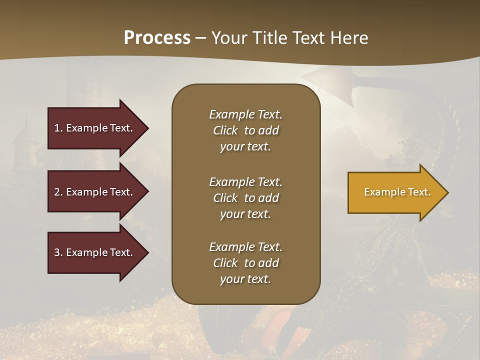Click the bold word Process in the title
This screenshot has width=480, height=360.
click(157, 38)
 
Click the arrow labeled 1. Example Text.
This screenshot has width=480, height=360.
click(95, 128)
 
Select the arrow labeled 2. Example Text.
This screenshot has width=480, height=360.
click(95, 192)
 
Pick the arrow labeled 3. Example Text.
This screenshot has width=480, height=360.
click(95, 252)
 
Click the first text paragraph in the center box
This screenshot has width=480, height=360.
click(245, 130)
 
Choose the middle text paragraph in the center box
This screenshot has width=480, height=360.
click(245, 198)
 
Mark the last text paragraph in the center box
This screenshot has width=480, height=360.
click(245, 263)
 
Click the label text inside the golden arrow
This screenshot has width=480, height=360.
click(397, 192)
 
